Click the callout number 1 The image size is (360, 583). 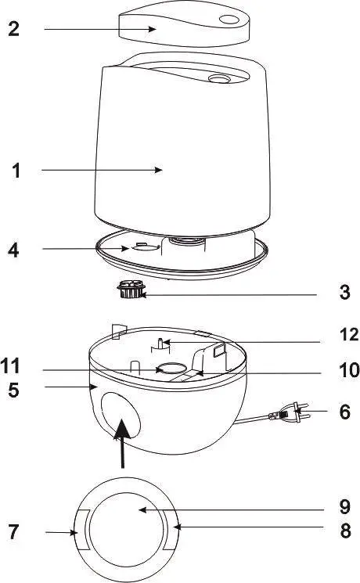(16, 171)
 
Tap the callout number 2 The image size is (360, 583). (13, 30)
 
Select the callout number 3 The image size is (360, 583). (345, 295)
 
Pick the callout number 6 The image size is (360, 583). (345, 412)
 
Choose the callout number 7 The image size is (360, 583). (13, 533)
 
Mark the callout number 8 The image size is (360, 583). (345, 531)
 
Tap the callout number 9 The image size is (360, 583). (345, 506)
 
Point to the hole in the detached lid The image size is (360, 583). (230, 20)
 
